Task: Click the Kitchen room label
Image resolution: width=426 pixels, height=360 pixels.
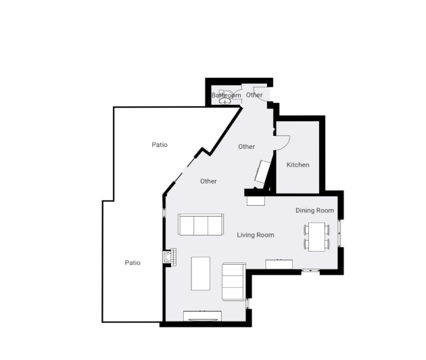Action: click(298, 165)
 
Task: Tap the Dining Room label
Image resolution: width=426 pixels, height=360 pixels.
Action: click(315, 210)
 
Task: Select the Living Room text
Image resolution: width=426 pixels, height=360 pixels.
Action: click(256, 235)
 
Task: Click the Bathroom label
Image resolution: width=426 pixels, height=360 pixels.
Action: click(226, 95)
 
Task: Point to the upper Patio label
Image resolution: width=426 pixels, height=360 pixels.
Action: click(160, 145)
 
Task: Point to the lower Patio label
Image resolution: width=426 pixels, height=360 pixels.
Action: click(133, 263)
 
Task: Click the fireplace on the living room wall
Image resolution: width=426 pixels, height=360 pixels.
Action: click(169, 258)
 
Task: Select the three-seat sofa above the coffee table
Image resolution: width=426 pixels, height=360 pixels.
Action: click(201, 224)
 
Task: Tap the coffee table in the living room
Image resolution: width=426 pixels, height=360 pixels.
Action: click(201, 273)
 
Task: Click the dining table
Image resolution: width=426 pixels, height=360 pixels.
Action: click(316, 236)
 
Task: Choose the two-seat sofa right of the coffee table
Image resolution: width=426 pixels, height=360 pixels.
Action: click(233, 282)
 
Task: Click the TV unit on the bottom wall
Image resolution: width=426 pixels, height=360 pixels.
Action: click(203, 315)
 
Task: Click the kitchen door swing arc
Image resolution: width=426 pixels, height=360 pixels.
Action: click(283, 141)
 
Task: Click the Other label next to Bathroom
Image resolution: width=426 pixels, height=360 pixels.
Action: click(254, 95)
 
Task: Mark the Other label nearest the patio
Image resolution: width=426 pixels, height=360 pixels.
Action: click(208, 181)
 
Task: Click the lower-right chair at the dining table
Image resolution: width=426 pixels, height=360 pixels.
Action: click(328, 244)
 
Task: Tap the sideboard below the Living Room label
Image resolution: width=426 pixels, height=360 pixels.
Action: click(279, 263)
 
